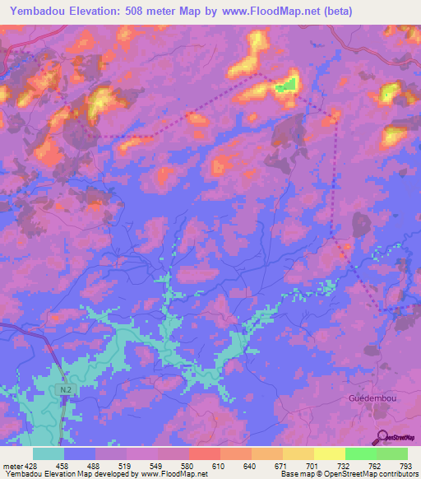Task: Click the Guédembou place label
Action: (x=373, y=398)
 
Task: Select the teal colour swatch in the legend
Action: (x=48, y=453)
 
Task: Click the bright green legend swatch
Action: (x=361, y=453)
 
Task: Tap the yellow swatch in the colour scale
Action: (x=330, y=453)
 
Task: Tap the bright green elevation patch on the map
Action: (x=285, y=85)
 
